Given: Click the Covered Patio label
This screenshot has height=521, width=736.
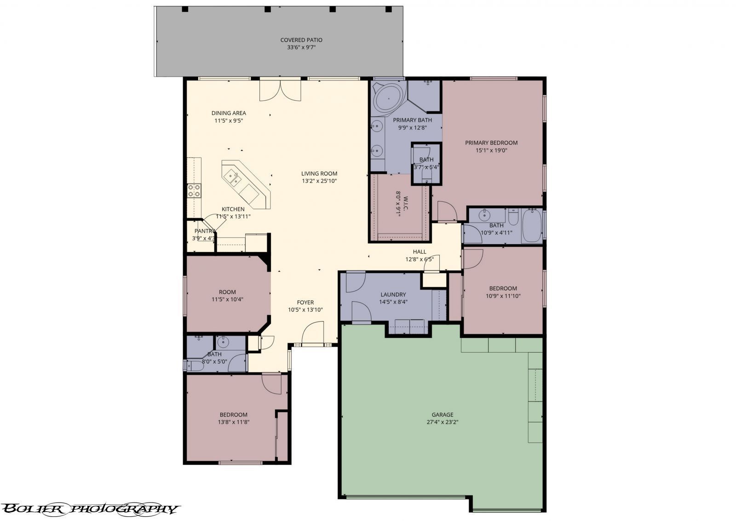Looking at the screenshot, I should click(301, 40).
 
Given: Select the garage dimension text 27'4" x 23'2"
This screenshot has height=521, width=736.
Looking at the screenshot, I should click(442, 422).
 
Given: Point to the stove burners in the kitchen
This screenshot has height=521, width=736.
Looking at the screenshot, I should click(194, 190).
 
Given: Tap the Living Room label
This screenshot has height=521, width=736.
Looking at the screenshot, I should click(319, 173).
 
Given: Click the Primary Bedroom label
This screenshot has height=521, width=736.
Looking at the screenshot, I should click(491, 143).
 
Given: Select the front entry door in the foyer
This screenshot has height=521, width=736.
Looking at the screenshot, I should click(313, 334).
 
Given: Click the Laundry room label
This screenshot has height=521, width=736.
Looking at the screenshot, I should click(393, 294).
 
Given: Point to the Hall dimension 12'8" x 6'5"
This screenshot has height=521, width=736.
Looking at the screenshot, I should click(420, 259).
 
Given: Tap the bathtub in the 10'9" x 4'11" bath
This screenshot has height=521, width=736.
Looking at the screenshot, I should click(532, 225).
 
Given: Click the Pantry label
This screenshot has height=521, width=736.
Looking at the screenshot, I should click(205, 231).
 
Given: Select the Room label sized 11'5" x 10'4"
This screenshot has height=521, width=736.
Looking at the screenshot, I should click(227, 292).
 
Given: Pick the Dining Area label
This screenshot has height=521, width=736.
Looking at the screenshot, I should click(229, 113).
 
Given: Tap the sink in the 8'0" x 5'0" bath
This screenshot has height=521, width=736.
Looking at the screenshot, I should click(223, 342).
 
